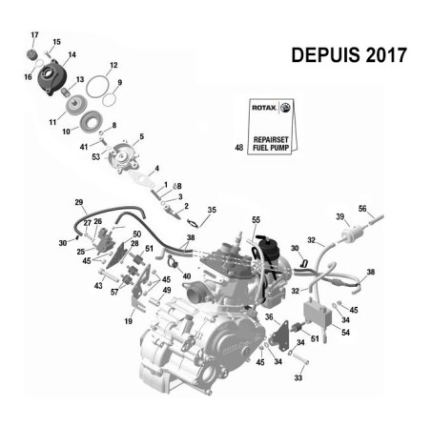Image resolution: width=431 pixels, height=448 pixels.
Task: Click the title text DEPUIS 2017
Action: pyautogui.click(x=349, y=55)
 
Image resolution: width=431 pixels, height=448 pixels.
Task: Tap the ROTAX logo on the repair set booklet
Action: pyautogui.click(x=264, y=108)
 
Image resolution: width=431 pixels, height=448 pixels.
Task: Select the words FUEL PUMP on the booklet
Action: pyautogui.click(x=271, y=148)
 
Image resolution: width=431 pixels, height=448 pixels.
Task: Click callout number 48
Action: pyautogui.click(x=239, y=148)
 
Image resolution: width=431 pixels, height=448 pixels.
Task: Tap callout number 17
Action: pyautogui.click(x=34, y=35)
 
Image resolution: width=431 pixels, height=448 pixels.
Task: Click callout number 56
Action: pyautogui.click(x=362, y=209)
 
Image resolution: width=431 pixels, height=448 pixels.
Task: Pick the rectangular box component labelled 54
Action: pyautogui.click(x=318, y=314)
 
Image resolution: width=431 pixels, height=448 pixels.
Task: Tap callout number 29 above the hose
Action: pyautogui.click(x=79, y=202)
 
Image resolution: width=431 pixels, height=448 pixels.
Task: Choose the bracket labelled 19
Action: pyautogui.click(x=139, y=290)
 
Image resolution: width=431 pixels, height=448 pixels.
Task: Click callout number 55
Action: pyautogui.click(x=256, y=220)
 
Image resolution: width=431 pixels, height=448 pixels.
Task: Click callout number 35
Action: pyautogui.click(x=212, y=210)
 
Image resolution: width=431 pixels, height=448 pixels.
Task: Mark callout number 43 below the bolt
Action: pyautogui.click(x=98, y=286)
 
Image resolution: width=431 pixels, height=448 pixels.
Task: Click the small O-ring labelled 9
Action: pyautogui.click(x=110, y=100)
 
